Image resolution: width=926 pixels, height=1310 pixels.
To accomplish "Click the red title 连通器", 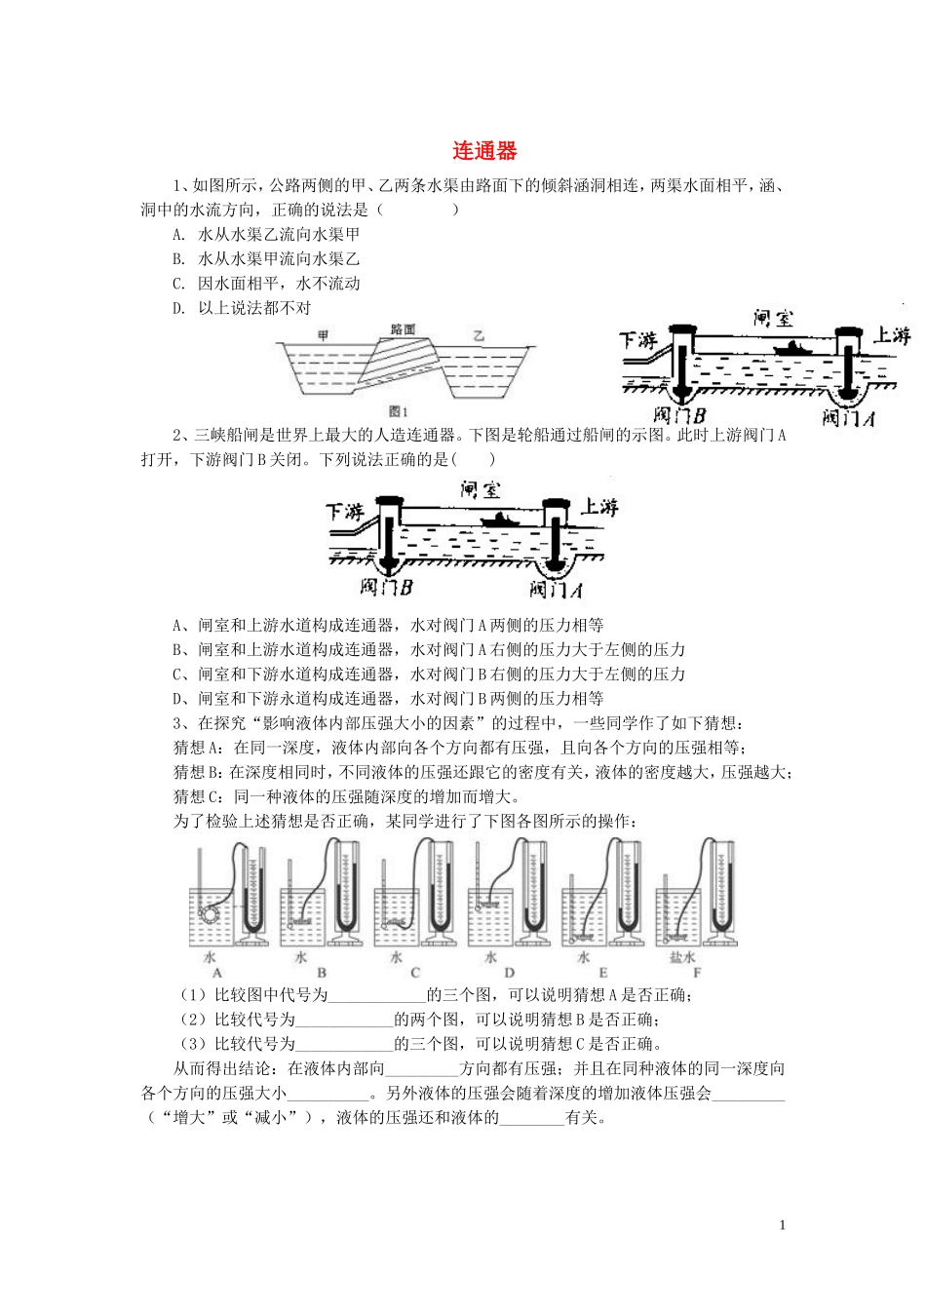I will pos(484,151).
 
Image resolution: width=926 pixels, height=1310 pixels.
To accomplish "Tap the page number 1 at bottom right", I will pos(782,1225).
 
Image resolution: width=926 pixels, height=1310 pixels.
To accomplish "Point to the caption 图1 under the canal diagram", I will pos(398,411).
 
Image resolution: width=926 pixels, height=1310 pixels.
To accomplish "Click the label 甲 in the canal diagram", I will pos(323,335).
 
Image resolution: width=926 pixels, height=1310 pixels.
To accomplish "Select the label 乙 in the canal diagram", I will pos(478,335).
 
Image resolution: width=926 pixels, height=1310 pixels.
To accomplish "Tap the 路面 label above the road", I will pos(403,329).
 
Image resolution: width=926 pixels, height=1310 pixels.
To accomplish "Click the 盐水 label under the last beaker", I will pos(682,957).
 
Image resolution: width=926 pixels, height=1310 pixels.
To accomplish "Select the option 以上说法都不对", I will pos(254,308).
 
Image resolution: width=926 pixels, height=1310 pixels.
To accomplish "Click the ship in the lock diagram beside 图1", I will pos(791,348).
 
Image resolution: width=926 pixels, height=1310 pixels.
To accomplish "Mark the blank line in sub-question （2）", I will pos(343,1021).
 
